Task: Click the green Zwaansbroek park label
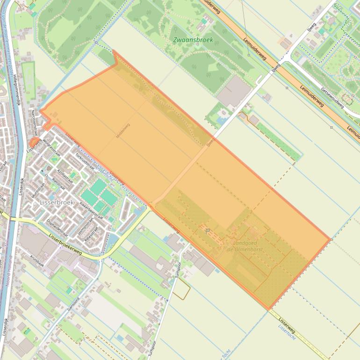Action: (x=193, y=40)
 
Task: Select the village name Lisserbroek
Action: (x=57, y=202)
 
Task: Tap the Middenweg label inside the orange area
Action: (x=123, y=130)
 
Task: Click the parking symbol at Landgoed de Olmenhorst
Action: (x=208, y=230)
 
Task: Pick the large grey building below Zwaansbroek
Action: (x=233, y=91)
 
